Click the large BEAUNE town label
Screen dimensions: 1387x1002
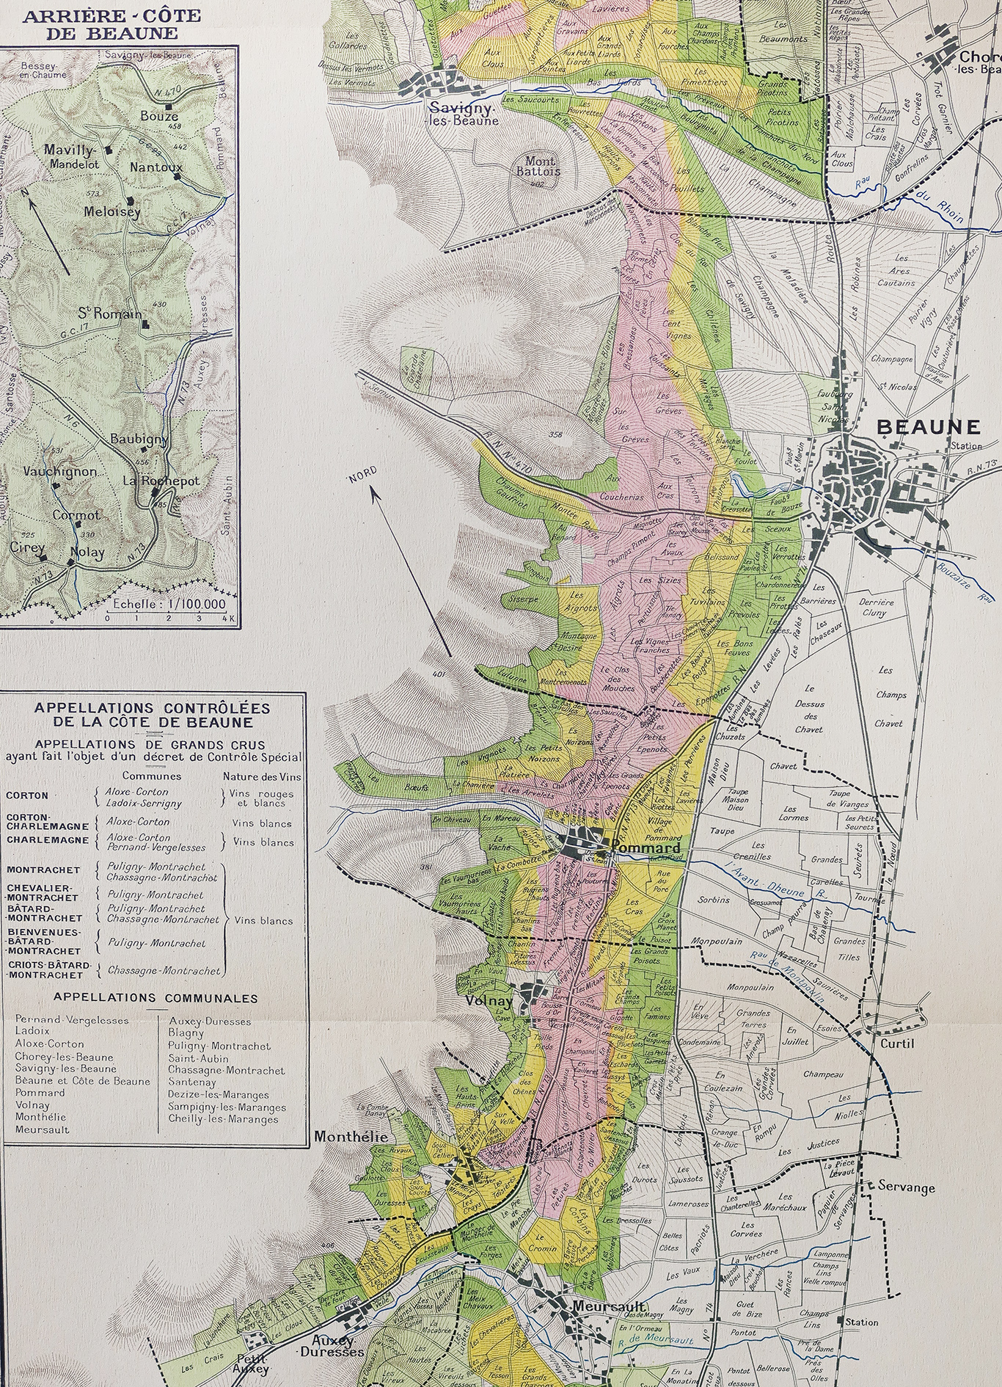tap(929, 427)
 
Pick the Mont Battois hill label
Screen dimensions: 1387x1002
tap(542, 167)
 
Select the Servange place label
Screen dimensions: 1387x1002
tap(907, 1187)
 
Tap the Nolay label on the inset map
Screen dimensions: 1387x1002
tap(87, 553)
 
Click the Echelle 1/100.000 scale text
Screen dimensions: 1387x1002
tap(169, 604)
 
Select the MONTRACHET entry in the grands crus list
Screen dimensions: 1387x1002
tap(43, 870)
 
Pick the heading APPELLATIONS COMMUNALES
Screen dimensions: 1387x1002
tap(156, 998)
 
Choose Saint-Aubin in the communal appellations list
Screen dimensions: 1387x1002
tap(198, 1058)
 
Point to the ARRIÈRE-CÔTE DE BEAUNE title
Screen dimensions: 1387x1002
tap(100, 25)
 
